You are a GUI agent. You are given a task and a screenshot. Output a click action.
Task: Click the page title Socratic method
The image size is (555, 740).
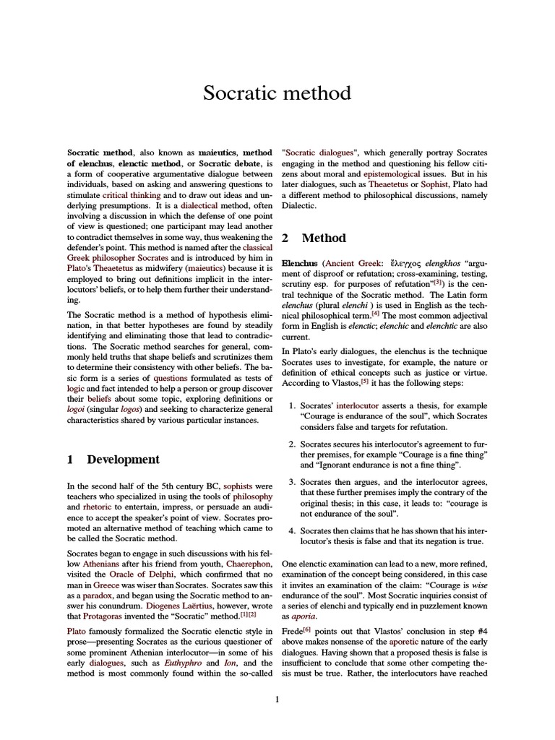coord(277,93)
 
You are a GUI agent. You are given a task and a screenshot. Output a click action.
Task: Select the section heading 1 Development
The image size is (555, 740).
coord(113,460)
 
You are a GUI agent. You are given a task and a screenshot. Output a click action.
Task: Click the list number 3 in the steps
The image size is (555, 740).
coord(292,482)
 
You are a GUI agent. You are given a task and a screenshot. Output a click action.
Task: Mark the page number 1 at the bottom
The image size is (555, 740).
coord(277,699)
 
